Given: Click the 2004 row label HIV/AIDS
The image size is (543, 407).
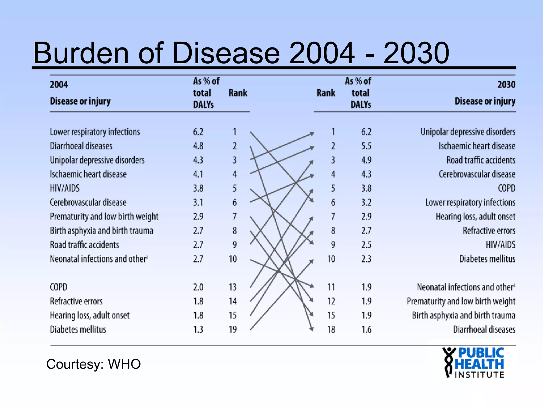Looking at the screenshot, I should (x=65, y=188).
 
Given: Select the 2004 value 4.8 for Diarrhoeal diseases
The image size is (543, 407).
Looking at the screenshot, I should (x=198, y=146).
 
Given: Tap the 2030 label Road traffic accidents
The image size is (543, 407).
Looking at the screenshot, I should (x=481, y=160).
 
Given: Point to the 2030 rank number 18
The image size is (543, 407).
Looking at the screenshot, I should (x=331, y=330).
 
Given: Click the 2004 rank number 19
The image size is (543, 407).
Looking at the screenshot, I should (x=233, y=330).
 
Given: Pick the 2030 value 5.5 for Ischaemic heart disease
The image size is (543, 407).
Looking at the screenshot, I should (x=366, y=146).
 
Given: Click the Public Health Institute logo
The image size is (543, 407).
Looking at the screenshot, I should (x=473, y=362).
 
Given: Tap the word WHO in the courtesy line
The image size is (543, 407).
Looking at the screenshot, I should (x=124, y=364).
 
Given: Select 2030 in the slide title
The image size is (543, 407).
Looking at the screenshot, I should (x=416, y=53).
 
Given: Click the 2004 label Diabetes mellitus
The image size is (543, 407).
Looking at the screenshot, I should (x=78, y=330).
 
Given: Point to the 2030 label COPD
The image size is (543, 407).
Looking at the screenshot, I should (x=506, y=188).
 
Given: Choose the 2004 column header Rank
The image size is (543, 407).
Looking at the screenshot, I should (x=238, y=93).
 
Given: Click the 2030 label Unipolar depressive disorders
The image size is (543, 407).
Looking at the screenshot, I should (x=468, y=132).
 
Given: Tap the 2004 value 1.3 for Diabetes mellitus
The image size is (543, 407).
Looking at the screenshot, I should (x=198, y=330).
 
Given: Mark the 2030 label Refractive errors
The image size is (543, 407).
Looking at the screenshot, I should (x=489, y=231).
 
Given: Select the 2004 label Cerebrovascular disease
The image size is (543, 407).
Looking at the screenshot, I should (x=88, y=202).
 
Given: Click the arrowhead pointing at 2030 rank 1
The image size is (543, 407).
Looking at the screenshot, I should (x=312, y=134).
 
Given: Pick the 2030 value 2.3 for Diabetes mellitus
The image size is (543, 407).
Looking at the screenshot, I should (x=366, y=259).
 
